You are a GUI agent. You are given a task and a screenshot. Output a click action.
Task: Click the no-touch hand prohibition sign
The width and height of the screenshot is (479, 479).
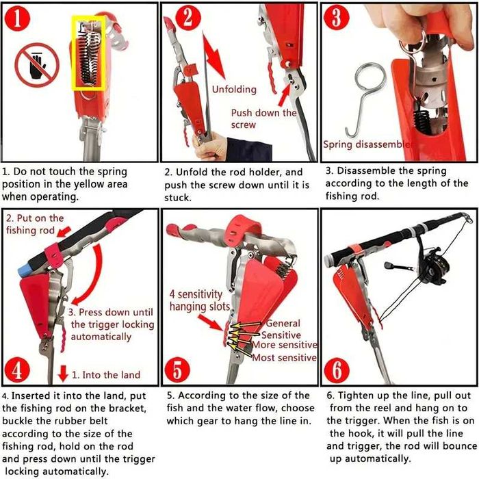(37, 66)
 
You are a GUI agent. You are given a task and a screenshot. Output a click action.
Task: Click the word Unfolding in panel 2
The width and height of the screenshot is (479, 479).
(234, 90)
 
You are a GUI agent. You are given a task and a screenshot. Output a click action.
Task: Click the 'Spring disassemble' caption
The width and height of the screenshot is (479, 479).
(367, 145)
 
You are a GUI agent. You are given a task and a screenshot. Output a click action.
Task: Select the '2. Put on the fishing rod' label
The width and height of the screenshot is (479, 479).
(35, 224)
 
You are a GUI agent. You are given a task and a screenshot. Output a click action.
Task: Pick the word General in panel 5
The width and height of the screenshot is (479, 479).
(283, 324)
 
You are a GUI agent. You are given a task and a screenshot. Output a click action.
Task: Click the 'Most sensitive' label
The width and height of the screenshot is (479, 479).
(285, 357)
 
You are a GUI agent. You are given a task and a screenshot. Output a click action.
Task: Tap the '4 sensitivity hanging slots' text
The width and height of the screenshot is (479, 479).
(199, 301)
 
